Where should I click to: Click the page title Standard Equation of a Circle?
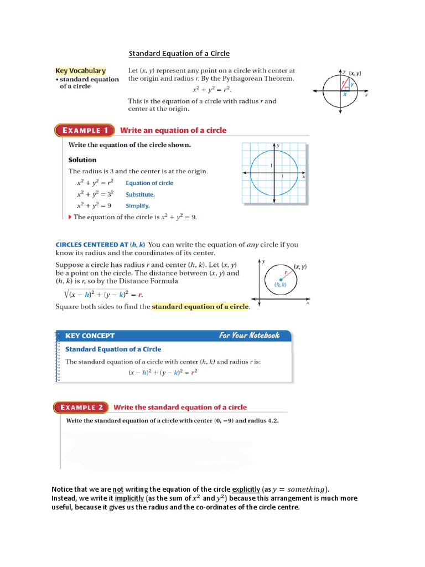[179, 54]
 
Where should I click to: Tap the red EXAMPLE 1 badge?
[84, 131]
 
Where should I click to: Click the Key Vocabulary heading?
[80, 71]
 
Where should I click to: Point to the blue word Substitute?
[140, 194]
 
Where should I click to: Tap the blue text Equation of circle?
[149, 183]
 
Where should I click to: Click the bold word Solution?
[82, 160]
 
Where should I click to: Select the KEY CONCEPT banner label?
[90, 336]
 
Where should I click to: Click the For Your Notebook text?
[249, 336]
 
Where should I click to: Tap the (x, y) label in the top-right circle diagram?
[355, 73]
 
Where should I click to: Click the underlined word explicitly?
[250, 489]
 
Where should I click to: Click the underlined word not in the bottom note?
[118, 489]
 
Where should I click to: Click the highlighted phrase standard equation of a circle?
[200, 306]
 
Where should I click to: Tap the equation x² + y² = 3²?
[95, 194]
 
